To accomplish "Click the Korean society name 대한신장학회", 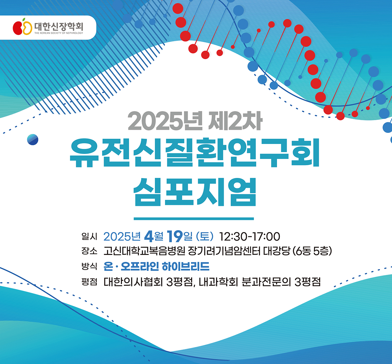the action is coord(59,26).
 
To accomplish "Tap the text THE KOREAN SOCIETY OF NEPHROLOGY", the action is coord(59,33).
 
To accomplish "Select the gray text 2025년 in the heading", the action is coord(165,121).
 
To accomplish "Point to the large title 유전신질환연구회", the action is coord(195,152).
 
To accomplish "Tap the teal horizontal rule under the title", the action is coord(194,219).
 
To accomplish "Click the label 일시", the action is coord(90,236).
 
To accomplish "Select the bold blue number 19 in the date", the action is coord(174,236).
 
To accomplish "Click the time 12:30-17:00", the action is coord(250,237).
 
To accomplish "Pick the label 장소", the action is coord(90,251).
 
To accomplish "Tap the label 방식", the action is coord(90,266).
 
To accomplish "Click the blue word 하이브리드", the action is coord(186,266).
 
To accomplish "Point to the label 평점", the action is coord(90,282).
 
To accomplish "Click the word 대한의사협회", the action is coord(133,282).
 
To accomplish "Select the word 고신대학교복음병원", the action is coord(144,251).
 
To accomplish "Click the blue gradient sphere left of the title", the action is coord(33,139).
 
